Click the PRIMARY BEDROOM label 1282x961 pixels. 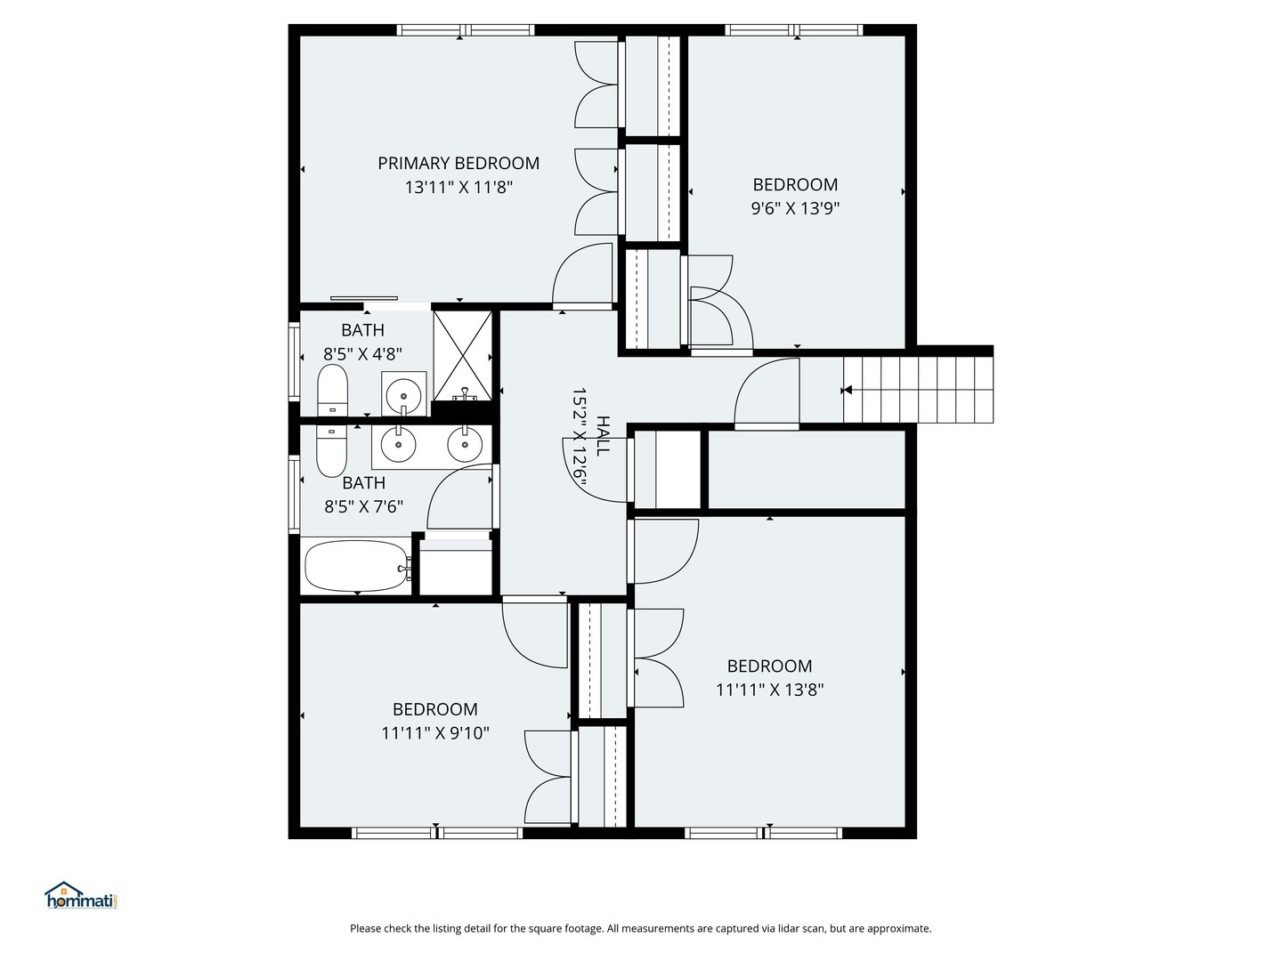pos(458,164)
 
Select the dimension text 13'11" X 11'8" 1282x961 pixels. pos(458,188)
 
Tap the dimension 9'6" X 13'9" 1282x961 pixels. pos(795,209)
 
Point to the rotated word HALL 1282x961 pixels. pos(604,436)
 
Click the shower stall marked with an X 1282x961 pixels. pos(463,355)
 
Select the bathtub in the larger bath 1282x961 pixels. pos(355,566)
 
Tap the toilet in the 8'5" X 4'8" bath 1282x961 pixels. pos(332,390)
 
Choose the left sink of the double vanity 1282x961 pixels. pos(398,444)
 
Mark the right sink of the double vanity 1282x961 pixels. pos(464,444)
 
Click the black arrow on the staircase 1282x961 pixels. pos(848,390)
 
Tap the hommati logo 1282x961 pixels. pos(81,896)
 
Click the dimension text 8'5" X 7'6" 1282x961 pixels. pos(363,507)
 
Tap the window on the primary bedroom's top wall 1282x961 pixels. pos(465,30)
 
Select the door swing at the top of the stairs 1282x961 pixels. pos(767,393)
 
